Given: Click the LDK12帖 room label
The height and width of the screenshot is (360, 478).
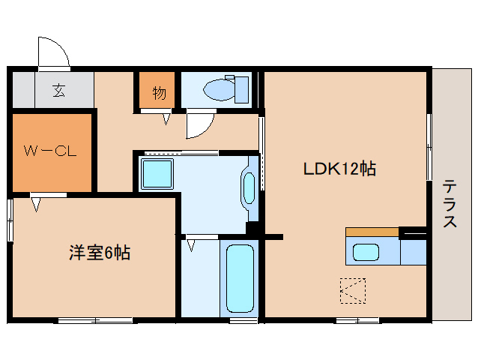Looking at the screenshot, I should point(339,169).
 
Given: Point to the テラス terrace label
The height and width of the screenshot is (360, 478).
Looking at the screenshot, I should point(450,203).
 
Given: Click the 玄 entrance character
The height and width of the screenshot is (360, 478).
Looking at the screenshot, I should point(58,91).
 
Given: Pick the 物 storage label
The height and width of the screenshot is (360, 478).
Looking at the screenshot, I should point(159,93).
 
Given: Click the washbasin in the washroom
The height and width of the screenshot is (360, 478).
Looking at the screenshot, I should point(249,187).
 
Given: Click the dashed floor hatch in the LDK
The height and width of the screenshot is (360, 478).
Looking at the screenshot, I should point(354,289).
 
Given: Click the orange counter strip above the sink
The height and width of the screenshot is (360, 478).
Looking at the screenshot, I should point(372,232).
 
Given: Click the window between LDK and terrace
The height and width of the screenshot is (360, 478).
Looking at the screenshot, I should point(429,146).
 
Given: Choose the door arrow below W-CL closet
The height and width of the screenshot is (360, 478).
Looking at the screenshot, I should point(35,202).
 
